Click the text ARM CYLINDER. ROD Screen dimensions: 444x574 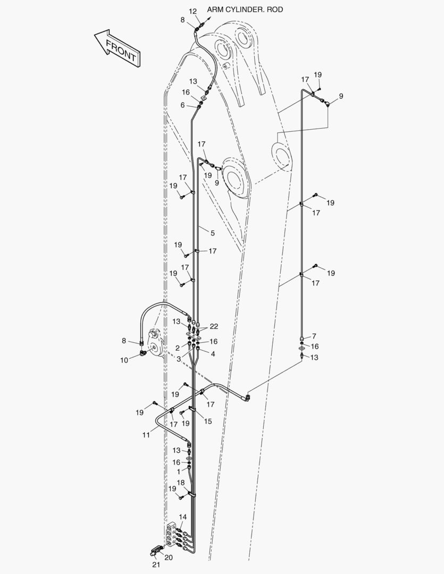245,10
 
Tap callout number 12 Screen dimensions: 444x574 192,12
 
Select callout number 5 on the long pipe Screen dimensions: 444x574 213,233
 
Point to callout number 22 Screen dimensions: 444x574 214,326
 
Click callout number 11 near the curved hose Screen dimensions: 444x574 146,435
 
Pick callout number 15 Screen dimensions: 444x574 208,421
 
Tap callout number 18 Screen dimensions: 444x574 181,483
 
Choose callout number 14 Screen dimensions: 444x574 183,517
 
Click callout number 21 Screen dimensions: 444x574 156,565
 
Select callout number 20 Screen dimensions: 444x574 169,558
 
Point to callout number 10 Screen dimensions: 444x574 124,360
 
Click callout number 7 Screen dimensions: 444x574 314,336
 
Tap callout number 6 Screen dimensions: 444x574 182,105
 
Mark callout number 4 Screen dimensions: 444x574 213,354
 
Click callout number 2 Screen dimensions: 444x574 178,348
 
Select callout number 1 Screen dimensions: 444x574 179,472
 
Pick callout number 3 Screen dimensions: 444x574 179,359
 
